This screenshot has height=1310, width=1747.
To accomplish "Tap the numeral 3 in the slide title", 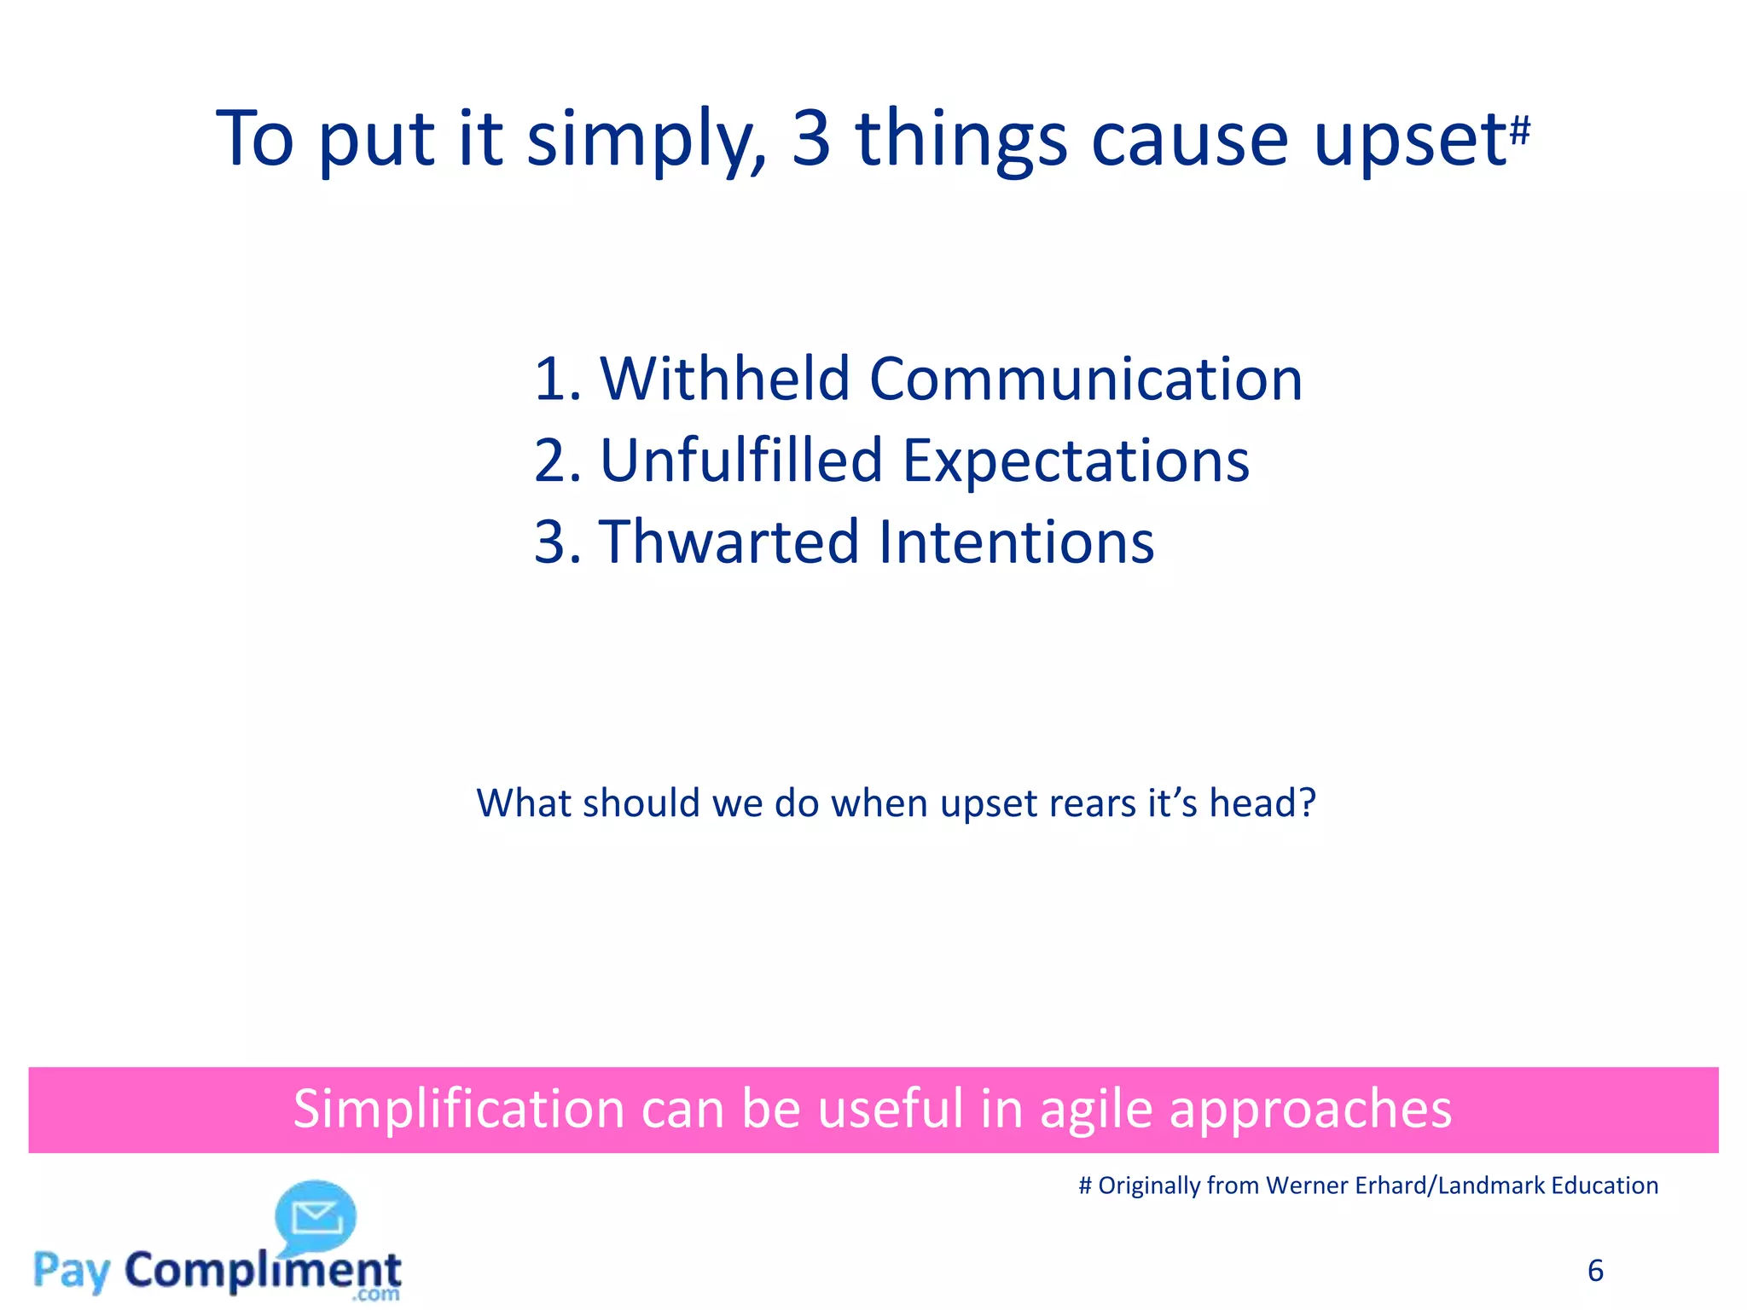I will tap(810, 138).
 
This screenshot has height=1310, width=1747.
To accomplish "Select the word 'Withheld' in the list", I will tap(725, 379).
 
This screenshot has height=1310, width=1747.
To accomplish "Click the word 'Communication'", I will tap(1085, 379).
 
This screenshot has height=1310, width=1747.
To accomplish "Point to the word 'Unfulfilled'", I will tap(741, 461).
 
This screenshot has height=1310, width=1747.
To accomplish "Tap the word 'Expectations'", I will tap(1076, 461).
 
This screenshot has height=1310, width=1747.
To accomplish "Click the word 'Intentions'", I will tap(1016, 542).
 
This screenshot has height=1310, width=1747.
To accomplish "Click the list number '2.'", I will tap(557, 461).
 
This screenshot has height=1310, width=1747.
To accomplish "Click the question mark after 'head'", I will tap(1306, 803).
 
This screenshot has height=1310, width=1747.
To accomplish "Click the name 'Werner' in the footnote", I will tap(1308, 1185).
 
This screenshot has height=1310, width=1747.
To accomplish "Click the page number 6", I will tap(1595, 1271).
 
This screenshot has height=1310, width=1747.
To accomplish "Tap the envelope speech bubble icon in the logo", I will tap(316, 1215).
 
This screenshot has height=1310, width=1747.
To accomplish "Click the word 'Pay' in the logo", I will tap(73, 1271).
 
